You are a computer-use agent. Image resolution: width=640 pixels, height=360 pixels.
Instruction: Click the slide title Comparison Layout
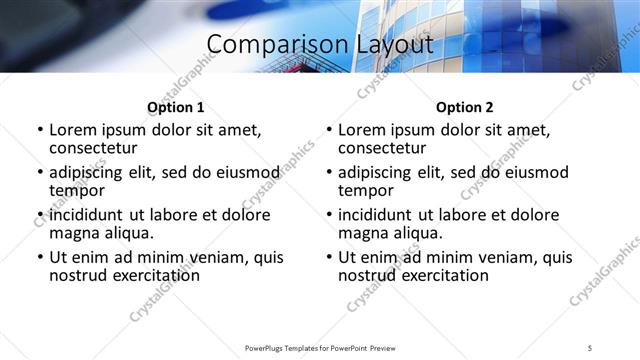320,45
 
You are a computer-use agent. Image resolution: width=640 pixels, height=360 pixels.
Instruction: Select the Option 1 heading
175,107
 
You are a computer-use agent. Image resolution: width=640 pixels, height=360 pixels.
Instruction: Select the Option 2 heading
464,107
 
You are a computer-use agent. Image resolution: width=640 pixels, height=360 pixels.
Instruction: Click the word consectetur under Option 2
384,148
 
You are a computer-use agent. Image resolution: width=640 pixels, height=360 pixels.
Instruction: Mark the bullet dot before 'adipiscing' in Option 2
329,173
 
